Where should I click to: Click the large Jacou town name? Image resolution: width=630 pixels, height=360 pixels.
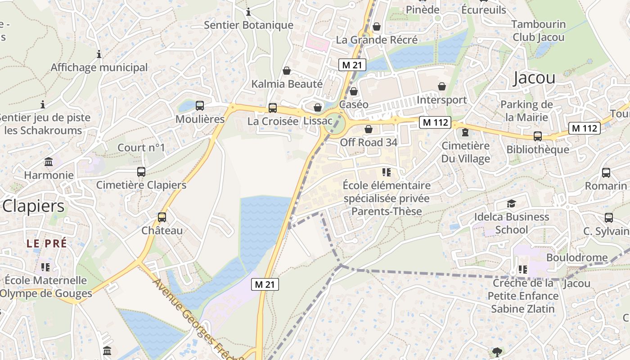click(x=534, y=78)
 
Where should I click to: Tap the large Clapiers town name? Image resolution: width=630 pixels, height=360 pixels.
click(x=33, y=206)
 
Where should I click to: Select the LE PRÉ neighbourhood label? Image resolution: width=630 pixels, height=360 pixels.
click(x=46, y=243)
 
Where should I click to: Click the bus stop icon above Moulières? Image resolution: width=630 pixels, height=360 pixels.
click(x=200, y=106)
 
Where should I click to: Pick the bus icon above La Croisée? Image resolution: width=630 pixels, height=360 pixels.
click(x=273, y=108)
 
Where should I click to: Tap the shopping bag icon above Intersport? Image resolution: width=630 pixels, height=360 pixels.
click(x=442, y=86)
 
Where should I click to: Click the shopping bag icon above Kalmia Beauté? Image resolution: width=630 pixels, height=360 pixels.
click(x=287, y=71)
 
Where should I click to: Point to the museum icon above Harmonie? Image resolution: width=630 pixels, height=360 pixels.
click(x=49, y=162)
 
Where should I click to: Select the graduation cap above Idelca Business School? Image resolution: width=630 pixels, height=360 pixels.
click(x=511, y=204)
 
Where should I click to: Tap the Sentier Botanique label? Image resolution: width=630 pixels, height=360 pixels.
click(x=248, y=25)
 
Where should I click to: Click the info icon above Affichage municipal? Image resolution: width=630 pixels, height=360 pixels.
click(x=99, y=54)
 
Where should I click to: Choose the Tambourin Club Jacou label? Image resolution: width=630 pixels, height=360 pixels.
click(x=538, y=31)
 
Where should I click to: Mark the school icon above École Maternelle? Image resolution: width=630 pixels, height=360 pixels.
click(x=45, y=267)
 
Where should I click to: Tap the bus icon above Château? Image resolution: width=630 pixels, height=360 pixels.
click(x=162, y=217)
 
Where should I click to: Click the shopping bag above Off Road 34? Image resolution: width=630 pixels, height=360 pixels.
click(x=369, y=129)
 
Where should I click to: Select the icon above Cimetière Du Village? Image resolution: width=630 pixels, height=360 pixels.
click(x=465, y=132)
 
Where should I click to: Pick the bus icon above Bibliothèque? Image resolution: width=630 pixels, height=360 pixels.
click(x=537, y=136)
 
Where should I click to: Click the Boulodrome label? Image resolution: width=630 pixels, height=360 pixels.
click(x=576, y=258)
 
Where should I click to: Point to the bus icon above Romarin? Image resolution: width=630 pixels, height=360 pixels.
click(x=606, y=172)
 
